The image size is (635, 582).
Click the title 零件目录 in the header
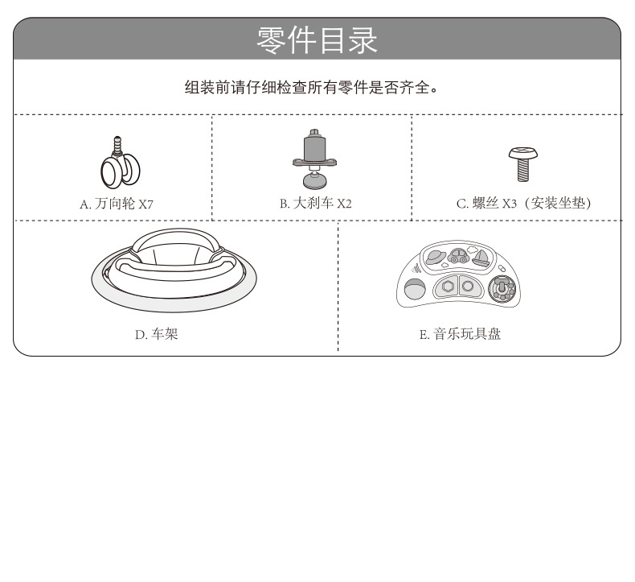click(317, 39)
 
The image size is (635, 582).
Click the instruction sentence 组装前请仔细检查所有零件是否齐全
click(312, 87)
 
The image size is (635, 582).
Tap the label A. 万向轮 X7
click(116, 204)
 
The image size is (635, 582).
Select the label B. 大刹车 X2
click(315, 204)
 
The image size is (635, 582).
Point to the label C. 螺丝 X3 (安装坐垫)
click(523, 204)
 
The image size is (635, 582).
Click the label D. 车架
click(156, 333)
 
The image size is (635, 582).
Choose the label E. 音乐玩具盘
click(460, 333)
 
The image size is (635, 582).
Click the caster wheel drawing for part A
click(120, 168)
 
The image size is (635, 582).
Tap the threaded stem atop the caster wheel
click(121, 146)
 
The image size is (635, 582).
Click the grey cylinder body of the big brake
click(313, 148)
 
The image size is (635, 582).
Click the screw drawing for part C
click(522, 163)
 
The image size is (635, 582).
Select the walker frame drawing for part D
click(174, 269)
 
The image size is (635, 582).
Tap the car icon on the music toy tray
click(459, 258)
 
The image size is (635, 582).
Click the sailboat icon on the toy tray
click(481, 258)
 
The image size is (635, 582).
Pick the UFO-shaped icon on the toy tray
click(436, 258)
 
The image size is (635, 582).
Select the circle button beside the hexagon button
click(467, 286)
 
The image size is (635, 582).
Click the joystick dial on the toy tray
click(503, 287)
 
